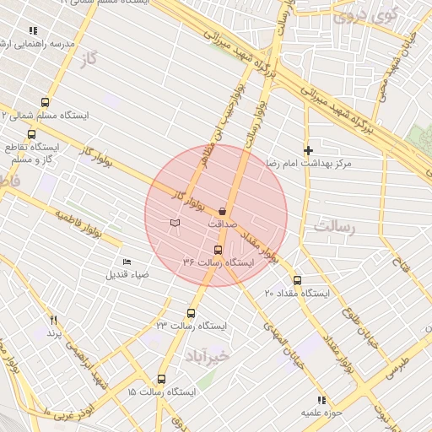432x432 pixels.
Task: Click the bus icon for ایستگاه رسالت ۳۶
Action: (x=219, y=250)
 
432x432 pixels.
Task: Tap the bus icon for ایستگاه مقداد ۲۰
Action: (x=297, y=280)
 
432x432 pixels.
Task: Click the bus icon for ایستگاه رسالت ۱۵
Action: (x=161, y=379)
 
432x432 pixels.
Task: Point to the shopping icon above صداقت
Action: (x=223, y=210)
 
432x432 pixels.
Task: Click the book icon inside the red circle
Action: (x=175, y=223)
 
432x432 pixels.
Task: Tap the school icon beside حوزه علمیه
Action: (x=320, y=400)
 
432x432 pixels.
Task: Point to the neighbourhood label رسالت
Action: (x=335, y=227)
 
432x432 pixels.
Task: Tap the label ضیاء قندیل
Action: (x=127, y=274)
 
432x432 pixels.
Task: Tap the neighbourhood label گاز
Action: (x=85, y=60)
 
